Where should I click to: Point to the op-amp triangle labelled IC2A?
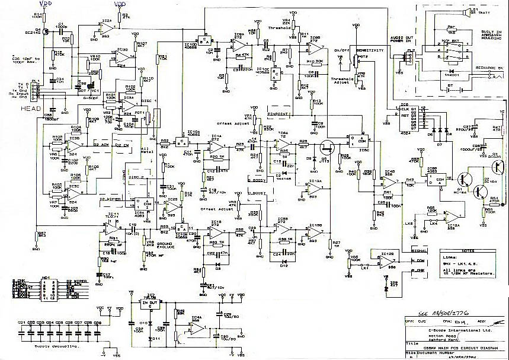tap(107, 27)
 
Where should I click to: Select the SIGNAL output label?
tap(420, 251)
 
